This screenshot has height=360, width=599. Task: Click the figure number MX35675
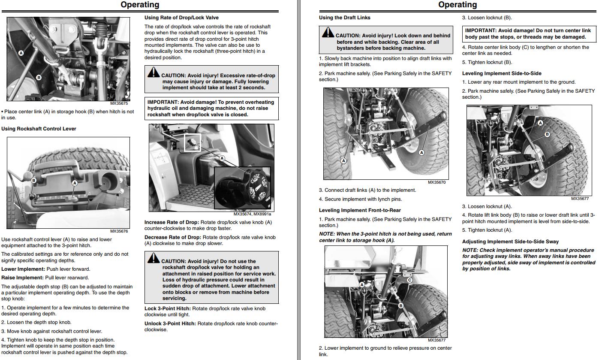tap(119, 103)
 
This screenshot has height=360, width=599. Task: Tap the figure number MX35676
tap(119, 231)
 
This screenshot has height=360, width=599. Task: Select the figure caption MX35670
tap(436, 182)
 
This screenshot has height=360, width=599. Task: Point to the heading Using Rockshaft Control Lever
tap(39, 129)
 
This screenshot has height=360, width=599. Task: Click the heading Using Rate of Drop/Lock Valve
tap(181, 18)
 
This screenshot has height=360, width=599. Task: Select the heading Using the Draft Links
tap(344, 18)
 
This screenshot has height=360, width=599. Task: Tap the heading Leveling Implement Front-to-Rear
tap(360, 210)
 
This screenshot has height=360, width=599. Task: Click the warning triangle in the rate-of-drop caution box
tap(154, 73)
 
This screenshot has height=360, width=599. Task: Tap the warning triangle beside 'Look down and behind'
tap(328, 32)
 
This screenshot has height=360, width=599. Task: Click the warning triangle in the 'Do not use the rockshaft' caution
tap(154, 258)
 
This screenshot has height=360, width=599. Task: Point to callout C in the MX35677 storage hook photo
tap(409, 280)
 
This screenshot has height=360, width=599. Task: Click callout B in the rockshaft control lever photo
tap(34, 181)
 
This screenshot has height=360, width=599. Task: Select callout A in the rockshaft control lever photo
tap(75, 183)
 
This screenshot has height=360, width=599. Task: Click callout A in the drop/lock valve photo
tap(222, 158)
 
